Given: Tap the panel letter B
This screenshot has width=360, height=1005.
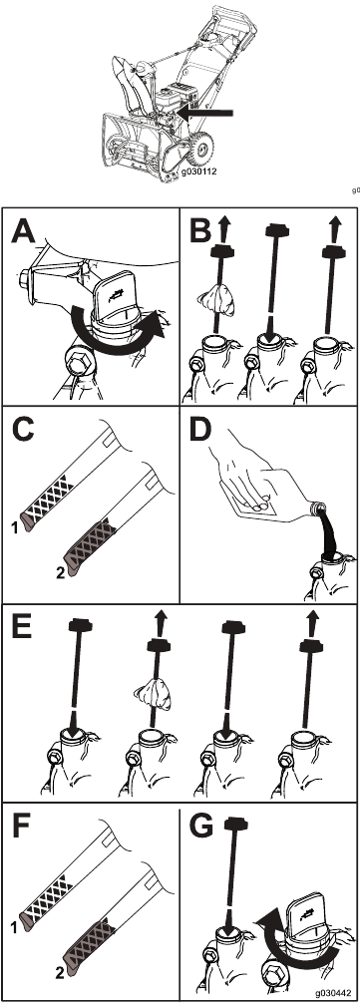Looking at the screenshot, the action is pos(199,230).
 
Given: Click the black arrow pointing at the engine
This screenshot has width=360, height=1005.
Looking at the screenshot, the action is pos(205,114).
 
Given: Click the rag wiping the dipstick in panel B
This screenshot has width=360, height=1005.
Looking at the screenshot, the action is pos(215,301).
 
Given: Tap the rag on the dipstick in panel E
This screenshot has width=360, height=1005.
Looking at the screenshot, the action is pos(153,697).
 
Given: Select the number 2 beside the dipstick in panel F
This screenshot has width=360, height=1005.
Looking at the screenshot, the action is pos(60,973).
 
